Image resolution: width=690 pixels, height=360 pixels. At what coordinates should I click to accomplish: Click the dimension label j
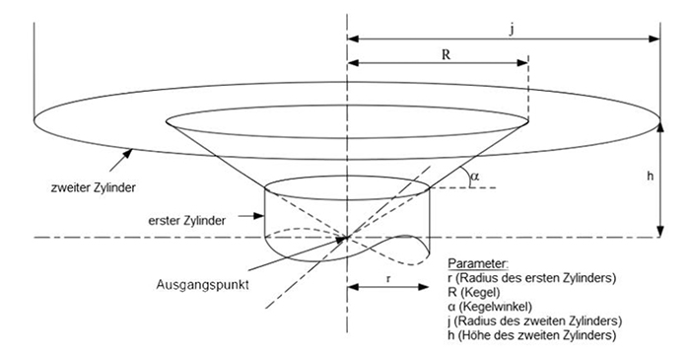511,30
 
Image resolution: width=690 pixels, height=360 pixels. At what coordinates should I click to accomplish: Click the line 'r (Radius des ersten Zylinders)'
531,279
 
